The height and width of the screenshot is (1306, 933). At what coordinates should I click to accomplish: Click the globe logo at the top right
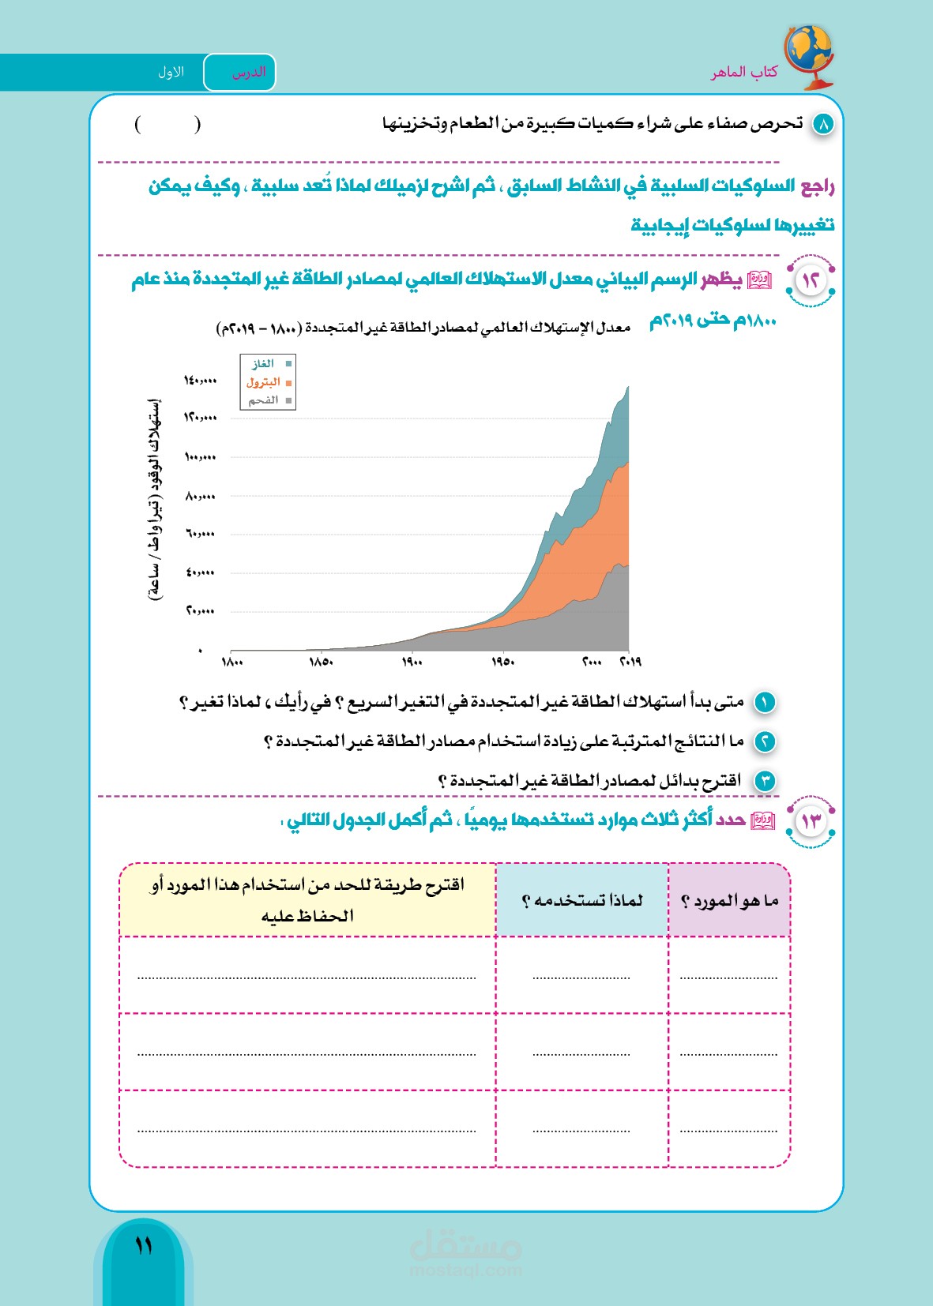pos(808,55)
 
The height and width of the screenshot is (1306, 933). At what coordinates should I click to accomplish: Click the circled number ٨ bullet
pos(823,124)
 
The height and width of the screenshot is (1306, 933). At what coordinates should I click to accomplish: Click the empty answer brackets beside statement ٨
pos(167,124)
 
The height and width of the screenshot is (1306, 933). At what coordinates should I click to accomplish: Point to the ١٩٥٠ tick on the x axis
pos(502,662)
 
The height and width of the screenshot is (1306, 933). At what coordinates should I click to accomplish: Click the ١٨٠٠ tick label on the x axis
pos(232,662)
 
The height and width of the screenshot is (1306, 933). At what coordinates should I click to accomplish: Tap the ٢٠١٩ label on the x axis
pos(630,662)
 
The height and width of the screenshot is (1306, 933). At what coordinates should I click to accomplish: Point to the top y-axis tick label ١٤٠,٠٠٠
pos(200,381)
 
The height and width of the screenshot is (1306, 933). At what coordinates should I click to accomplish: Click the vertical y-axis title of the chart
pos(155,499)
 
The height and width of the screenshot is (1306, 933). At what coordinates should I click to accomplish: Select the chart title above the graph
pos(423,328)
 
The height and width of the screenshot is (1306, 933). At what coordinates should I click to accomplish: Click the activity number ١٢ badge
pos(811,280)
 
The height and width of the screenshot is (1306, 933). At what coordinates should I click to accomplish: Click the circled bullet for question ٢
pos(765,741)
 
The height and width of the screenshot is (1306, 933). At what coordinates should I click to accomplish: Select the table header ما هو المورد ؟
pos(729,901)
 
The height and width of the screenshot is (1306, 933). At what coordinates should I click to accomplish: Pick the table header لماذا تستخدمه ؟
pos(582,901)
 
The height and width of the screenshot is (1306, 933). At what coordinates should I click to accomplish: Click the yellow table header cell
pos(307,900)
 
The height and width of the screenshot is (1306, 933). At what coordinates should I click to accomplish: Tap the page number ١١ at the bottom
pos(144,1247)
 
